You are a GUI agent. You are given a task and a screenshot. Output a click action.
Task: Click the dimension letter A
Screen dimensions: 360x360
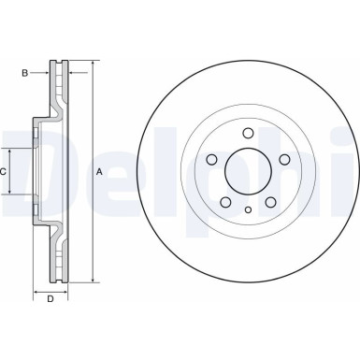pyautogui.click(x=100, y=171)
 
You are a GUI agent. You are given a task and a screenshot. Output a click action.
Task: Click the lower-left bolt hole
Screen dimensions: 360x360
pyautogui.click(x=224, y=202)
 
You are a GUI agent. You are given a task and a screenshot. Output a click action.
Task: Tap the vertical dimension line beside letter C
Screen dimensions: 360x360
pyautogui.click(x=11, y=171)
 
